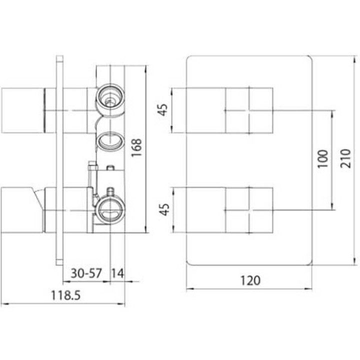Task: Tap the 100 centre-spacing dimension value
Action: (x=322, y=158)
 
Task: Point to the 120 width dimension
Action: (x=250, y=280)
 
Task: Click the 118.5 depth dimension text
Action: (x=65, y=295)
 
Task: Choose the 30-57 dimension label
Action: (x=86, y=273)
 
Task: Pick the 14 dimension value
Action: (x=118, y=273)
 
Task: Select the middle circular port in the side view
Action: (x=109, y=141)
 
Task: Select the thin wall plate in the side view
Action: (x=59, y=160)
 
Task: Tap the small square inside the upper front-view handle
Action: (x=237, y=110)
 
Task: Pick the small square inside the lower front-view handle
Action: (x=237, y=210)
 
